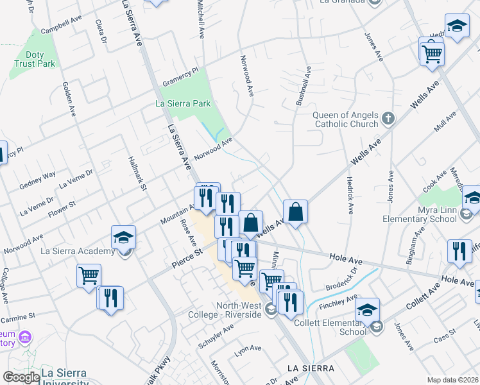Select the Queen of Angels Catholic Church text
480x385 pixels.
tap(345, 119)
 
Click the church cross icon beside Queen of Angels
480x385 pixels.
tap(388, 118)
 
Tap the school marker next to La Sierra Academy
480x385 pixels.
tap(123, 237)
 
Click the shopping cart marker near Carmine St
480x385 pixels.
tap(89, 277)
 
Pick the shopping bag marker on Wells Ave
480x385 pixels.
tap(295, 212)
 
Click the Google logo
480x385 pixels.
tap(21, 377)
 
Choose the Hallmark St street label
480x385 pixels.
tap(137, 173)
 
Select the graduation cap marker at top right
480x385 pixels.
tap(457, 26)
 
